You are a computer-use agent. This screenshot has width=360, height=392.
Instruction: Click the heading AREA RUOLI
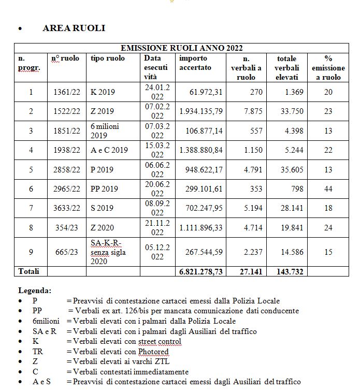[x=74, y=28]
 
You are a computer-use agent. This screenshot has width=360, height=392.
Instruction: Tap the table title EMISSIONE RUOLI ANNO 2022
[x=181, y=48]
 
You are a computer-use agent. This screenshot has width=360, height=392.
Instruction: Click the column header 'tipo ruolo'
[x=108, y=59]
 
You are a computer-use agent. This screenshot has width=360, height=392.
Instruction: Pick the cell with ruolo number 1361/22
[x=67, y=92]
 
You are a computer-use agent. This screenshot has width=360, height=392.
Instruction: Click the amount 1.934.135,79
[x=201, y=111]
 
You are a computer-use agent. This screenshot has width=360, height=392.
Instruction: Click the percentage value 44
[x=328, y=189]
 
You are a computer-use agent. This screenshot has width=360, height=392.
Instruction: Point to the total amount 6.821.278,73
[x=201, y=271]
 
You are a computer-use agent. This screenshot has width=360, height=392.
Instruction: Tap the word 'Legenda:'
[x=35, y=291]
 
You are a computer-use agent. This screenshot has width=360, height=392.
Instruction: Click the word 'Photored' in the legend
[x=152, y=352]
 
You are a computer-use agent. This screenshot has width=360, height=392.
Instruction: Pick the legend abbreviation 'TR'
[x=37, y=352]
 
